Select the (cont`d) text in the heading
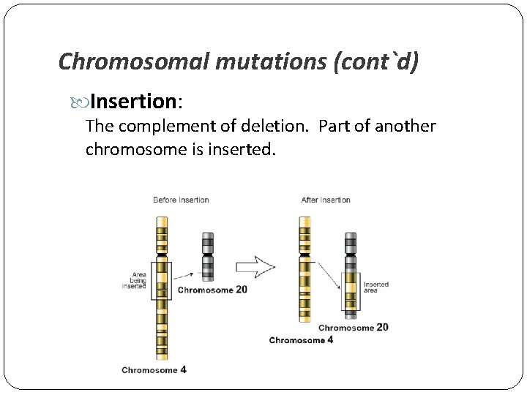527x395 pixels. point(375,61)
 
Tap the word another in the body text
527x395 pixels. point(405,127)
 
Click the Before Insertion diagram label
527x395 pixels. point(181,200)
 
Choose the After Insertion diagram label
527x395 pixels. point(326,200)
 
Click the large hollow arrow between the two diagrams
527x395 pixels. point(255,268)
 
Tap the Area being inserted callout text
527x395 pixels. point(135,280)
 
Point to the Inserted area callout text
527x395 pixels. point(376,287)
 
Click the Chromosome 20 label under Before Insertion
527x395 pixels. point(213,290)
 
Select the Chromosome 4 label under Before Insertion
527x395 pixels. point(154,370)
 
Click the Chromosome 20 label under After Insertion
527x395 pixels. point(354,328)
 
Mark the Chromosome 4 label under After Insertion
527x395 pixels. point(302,340)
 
